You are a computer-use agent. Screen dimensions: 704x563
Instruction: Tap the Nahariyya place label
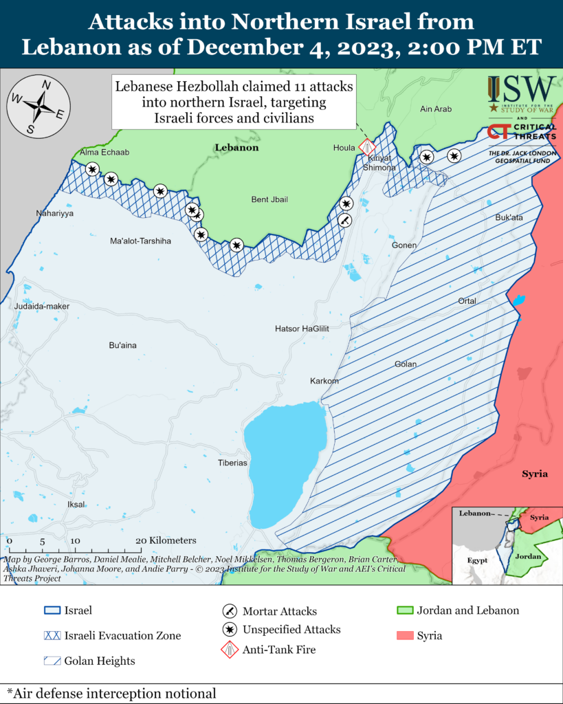click(55, 214)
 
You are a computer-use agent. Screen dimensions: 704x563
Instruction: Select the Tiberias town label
click(232, 463)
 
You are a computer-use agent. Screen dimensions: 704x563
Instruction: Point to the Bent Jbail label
click(269, 199)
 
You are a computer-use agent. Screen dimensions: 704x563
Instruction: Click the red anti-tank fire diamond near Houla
click(368, 146)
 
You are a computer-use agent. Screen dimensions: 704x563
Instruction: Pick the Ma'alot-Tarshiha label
click(140, 241)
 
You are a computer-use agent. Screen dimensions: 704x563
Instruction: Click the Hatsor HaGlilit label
click(302, 329)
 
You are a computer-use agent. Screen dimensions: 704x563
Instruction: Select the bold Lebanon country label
click(236, 147)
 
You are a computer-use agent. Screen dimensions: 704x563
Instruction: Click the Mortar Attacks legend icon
click(230, 611)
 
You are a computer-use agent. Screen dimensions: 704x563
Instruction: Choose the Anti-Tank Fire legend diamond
click(230, 648)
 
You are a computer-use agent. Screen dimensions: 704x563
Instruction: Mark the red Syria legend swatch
click(404, 635)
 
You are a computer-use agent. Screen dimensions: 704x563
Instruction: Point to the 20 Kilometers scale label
click(167, 540)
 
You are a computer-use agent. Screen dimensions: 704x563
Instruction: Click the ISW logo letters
click(522, 87)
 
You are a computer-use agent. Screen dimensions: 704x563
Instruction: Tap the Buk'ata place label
click(509, 217)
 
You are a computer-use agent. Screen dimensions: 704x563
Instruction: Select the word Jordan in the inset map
click(529, 556)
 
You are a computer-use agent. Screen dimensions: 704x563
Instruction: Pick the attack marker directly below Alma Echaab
click(92, 168)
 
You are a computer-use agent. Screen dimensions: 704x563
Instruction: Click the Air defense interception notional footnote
click(111, 693)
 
